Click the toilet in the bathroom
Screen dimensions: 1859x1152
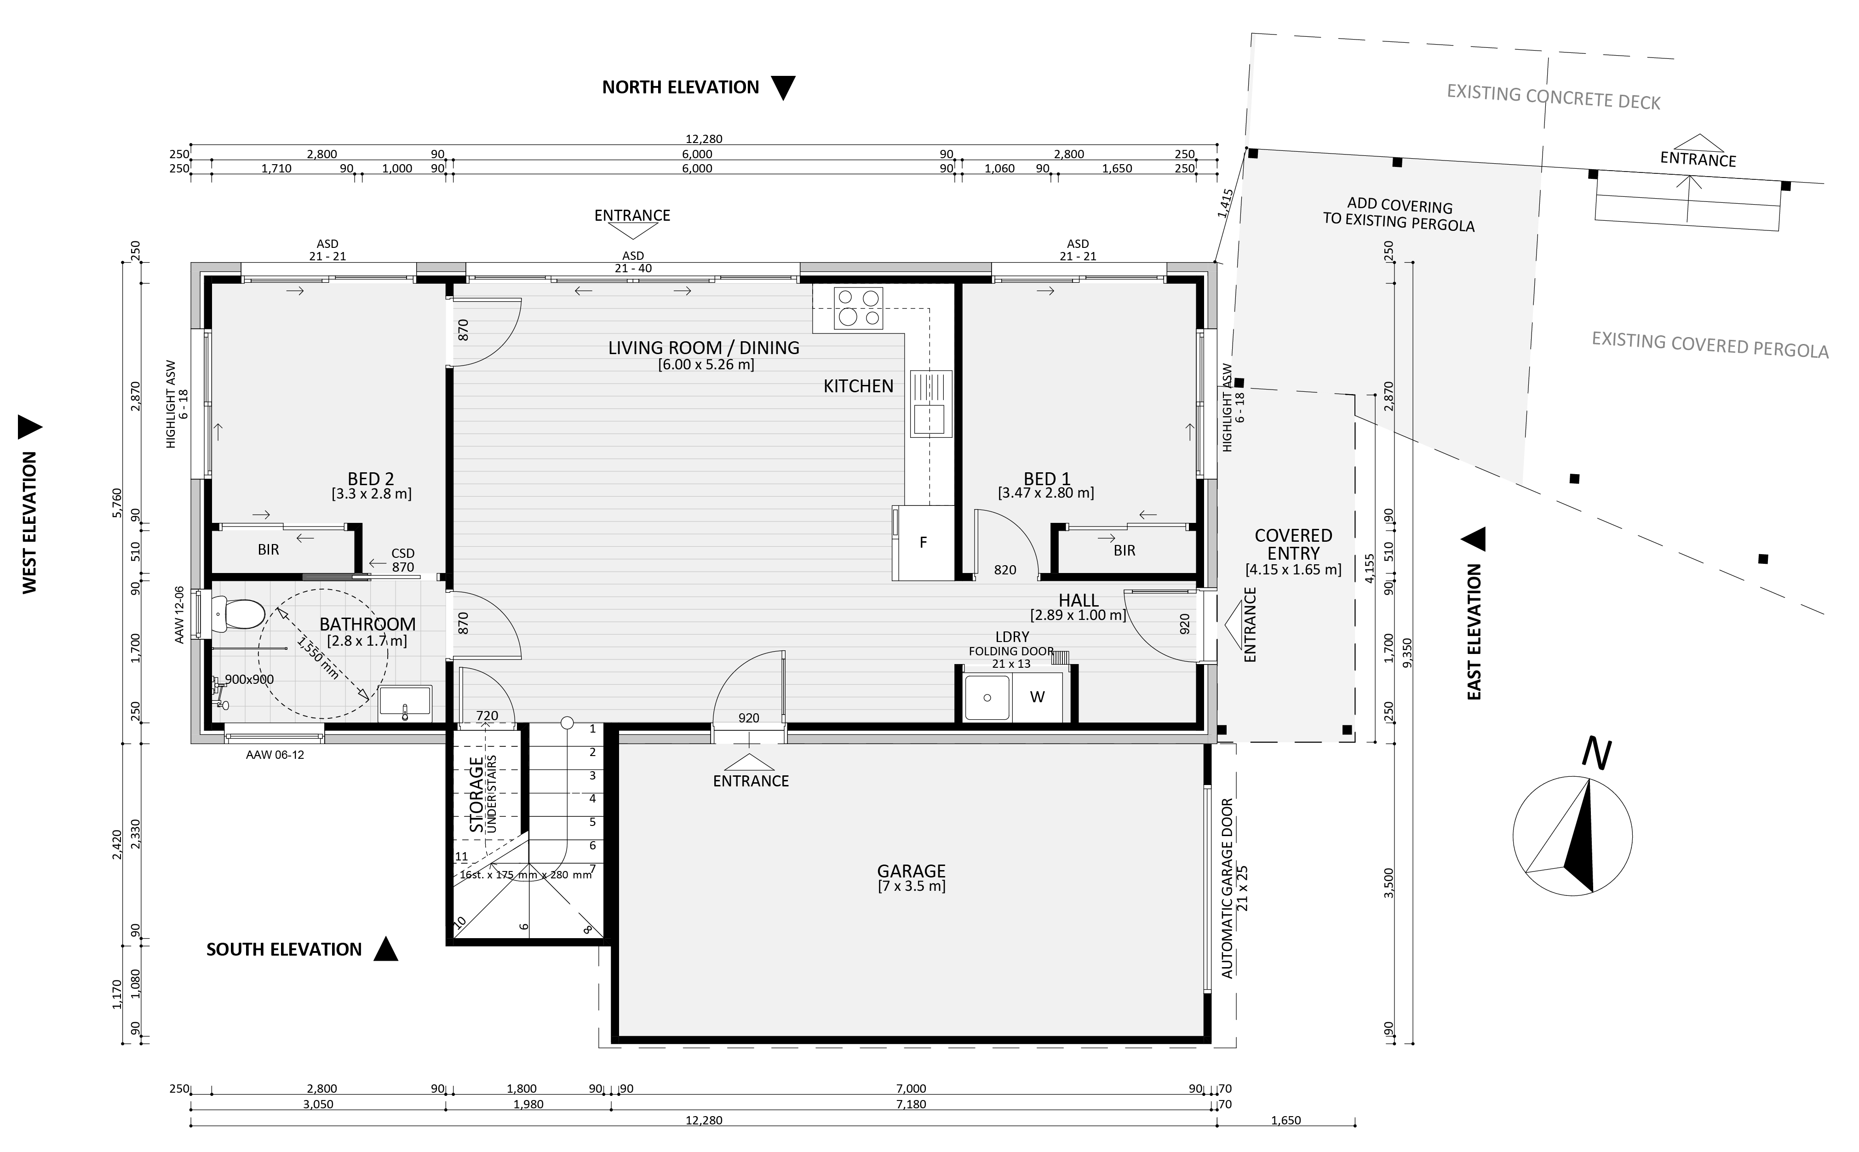[x=236, y=613]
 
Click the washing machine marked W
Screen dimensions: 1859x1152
[x=1037, y=696]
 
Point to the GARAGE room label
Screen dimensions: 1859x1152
[x=911, y=870]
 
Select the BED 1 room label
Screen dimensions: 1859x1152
[x=1047, y=478]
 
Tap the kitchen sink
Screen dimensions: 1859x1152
[x=931, y=403]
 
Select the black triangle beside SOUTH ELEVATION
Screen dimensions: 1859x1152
[x=385, y=949]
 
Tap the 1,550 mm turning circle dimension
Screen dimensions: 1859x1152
[x=318, y=658]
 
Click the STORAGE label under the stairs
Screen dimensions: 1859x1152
[x=476, y=794]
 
